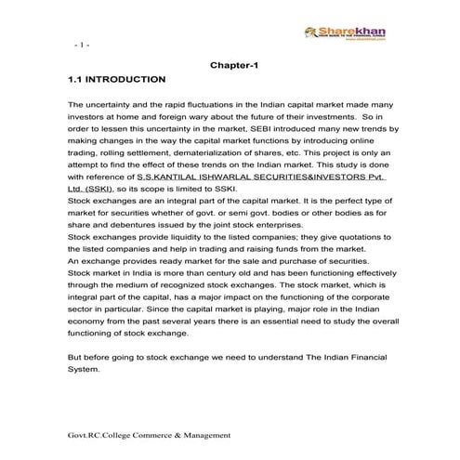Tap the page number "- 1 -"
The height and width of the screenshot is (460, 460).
tap(79, 45)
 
